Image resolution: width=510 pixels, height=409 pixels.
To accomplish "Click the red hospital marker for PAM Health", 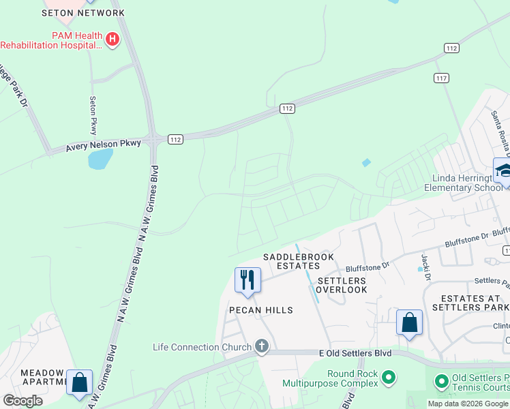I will (112, 40).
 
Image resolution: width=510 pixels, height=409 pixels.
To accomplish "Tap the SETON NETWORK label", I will (83, 13).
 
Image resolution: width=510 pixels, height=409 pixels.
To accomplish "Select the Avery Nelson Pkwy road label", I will (103, 144).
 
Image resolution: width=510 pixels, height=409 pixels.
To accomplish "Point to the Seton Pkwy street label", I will (93, 115).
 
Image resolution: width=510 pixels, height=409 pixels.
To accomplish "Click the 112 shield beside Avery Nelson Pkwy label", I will (175, 139).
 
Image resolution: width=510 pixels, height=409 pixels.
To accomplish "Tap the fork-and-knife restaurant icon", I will (247, 279).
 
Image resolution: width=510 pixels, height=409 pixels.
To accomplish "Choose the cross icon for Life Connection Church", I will (261, 347).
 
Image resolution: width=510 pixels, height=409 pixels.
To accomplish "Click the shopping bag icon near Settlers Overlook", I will (409, 322).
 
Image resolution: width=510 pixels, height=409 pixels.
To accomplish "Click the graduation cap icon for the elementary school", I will (503, 170).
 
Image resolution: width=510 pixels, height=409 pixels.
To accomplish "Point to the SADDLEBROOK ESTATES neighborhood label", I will (292, 261).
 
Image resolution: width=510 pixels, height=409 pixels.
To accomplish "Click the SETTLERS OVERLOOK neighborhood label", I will (342, 285).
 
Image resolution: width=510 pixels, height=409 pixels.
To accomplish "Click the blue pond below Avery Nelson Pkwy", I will (100, 160).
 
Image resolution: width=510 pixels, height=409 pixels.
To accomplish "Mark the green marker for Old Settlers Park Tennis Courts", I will (441, 381).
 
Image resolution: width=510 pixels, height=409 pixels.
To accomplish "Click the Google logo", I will (22, 401).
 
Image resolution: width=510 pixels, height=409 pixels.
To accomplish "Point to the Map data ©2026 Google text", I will (467, 404).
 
